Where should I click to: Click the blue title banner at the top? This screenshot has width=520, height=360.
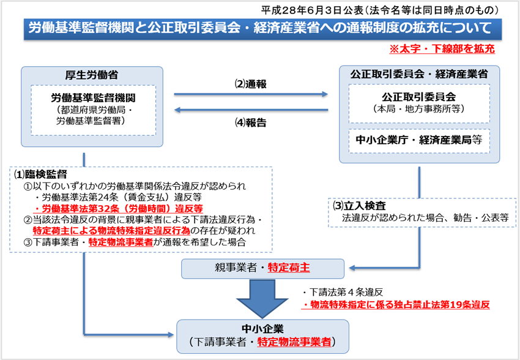pyautogui.click(x=259, y=28)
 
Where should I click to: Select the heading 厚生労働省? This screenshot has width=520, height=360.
pyautogui.click(x=91, y=75)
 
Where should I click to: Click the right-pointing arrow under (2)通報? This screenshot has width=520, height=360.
pyautogui.click(x=251, y=94)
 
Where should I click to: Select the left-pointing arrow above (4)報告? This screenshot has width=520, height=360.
pyautogui.click(x=251, y=110)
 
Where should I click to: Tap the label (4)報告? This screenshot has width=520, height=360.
pyautogui.click(x=251, y=121)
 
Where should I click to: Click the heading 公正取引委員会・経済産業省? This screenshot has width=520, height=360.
pyautogui.click(x=419, y=74)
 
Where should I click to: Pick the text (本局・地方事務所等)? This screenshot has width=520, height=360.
pyautogui.click(x=419, y=108)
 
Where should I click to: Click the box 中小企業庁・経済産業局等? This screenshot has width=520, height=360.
pyautogui.click(x=419, y=140)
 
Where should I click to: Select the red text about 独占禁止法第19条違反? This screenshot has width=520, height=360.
pyautogui.click(x=398, y=303)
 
